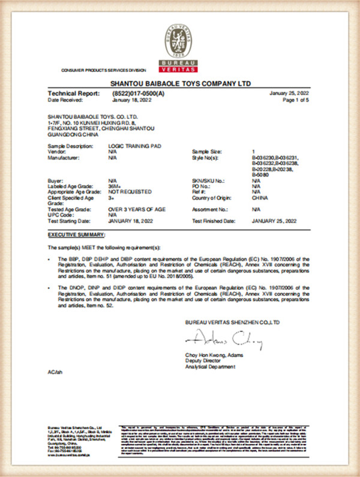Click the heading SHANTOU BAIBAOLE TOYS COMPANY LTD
click(181, 83)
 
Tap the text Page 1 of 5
click(296, 100)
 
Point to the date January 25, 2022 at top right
click(290, 94)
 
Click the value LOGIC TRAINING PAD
click(130, 146)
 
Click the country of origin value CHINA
click(260, 197)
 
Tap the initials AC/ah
click(54, 373)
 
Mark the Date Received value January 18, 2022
click(129, 100)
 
